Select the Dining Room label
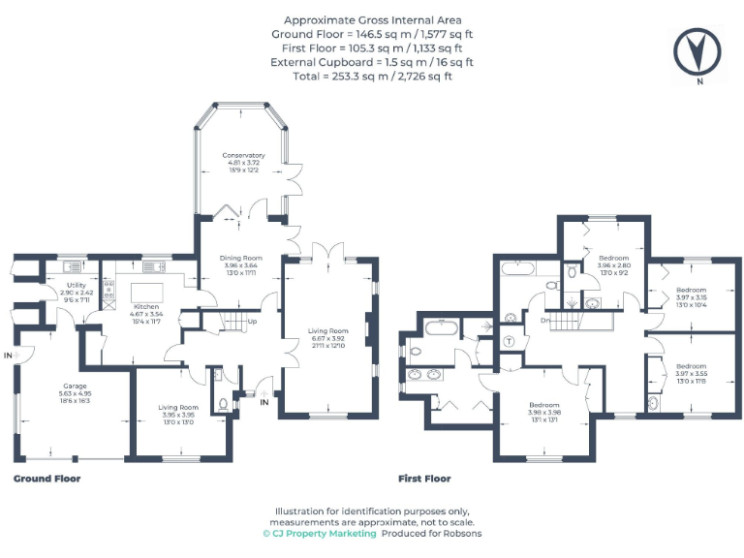[x=237, y=260]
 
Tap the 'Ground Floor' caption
[x=46, y=479]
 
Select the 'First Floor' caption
[x=424, y=479]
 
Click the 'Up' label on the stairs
[x=252, y=322]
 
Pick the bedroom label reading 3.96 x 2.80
[x=614, y=264]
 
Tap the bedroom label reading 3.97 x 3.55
[x=692, y=372]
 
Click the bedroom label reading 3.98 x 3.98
[x=544, y=410]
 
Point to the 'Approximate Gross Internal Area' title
[x=372, y=19]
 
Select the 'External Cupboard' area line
[x=372, y=61]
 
